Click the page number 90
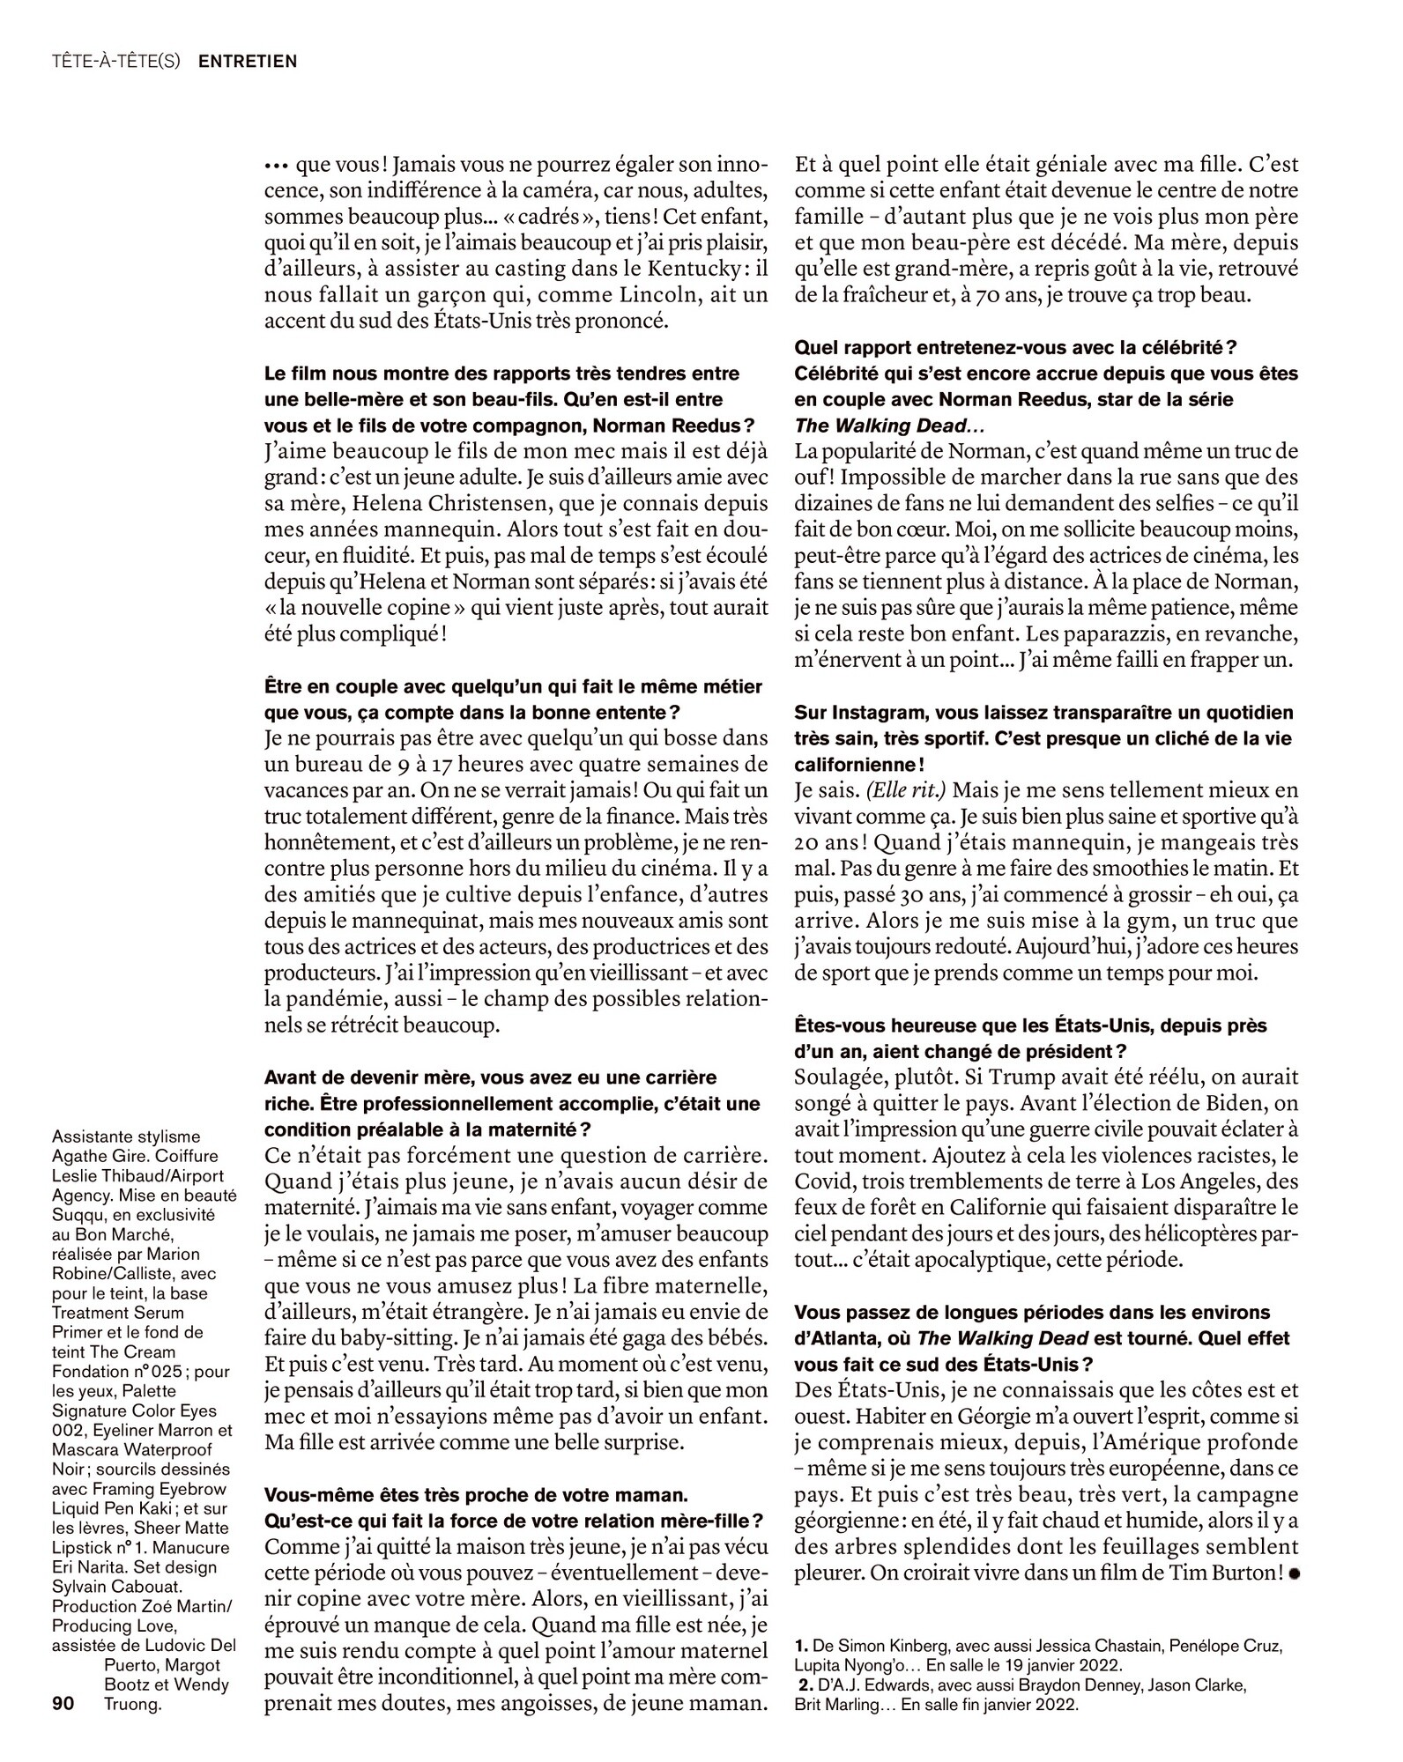pyautogui.click(x=63, y=1704)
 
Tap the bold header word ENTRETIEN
pyautogui.click(x=248, y=62)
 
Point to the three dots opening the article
pyautogui.click(x=277, y=166)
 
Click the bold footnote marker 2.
pyautogui.click(x=803, y=1684)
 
